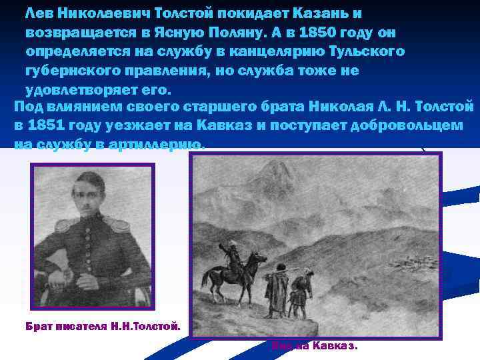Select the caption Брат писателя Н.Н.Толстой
[x=103, y=327]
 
